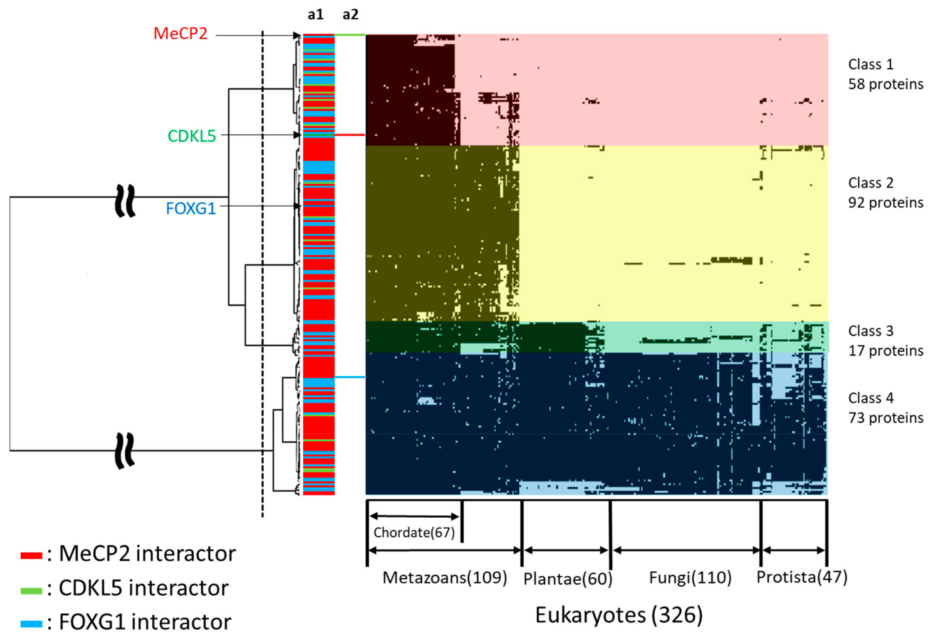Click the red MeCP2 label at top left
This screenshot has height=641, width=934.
pos(180,34)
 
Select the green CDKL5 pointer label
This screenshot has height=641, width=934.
pos(192,136)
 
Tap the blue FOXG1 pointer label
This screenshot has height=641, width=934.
pos(191,208)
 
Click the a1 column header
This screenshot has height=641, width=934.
pos(315,15)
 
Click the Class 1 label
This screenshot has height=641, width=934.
pos(870,64)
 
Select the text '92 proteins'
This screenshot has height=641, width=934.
pos(885,202)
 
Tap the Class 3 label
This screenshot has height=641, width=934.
pos(870,331)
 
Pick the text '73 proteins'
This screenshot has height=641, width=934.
pos(885,418)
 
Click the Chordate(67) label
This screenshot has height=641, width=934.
pos(414,533)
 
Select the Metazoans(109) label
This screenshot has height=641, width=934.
pos(445,577)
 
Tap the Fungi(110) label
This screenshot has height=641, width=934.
pos(690,577)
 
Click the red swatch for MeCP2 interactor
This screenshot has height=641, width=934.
pos(31,556)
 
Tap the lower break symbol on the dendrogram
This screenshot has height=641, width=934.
pos(125,451)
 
